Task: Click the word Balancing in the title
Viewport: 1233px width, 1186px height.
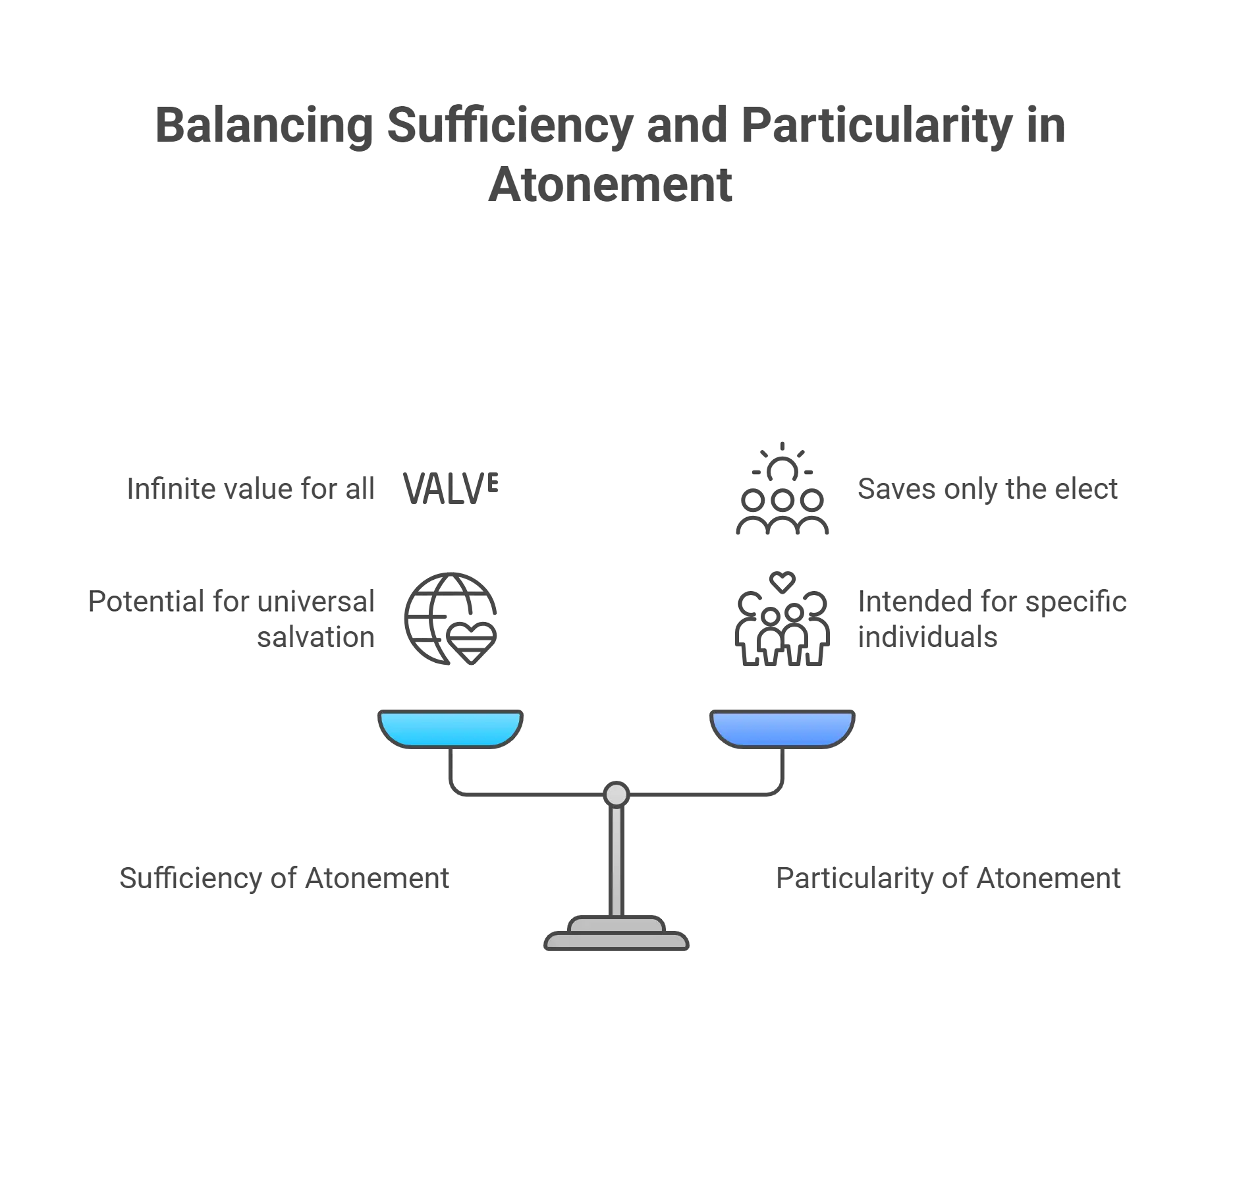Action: pos(263,125)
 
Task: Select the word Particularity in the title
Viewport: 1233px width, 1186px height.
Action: pos(877,125)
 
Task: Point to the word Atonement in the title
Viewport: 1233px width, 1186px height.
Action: pos(609,185)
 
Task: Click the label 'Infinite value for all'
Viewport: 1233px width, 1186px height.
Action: pos(250,489)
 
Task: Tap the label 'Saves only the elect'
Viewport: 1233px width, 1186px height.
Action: pos(988,489)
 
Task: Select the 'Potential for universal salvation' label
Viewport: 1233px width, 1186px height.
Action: pos(231,619)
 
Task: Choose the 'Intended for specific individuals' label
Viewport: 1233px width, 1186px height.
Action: pos(991,619)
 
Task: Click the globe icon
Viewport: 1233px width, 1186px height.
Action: pos(451,619)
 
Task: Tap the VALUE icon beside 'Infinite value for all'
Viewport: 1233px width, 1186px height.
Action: pos(451,488)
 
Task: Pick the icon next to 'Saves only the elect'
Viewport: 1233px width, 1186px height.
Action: pos(782,489)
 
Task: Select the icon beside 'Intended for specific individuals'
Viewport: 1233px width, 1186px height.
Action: pos(782,619)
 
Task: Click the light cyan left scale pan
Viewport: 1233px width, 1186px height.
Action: pos(451,727)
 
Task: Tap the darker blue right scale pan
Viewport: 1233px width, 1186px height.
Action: pos(782,727)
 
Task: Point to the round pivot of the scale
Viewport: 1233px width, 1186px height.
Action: pos(616,794)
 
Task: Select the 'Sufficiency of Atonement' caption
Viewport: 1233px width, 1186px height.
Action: pos(285,878)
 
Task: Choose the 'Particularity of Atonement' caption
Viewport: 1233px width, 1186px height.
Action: pos(947,878)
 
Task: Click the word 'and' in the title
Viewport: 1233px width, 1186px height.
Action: pos(689,125)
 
